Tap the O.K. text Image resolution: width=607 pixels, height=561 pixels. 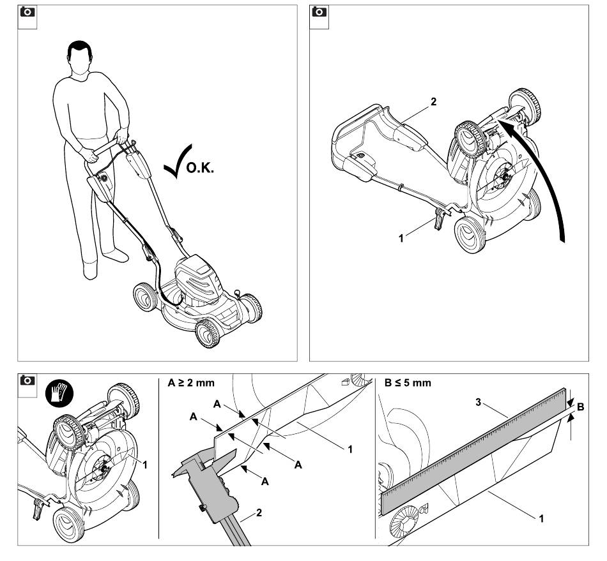[200, 168]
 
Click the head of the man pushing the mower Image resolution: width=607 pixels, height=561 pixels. [80, 60]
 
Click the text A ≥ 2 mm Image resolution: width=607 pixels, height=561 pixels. [191, 383]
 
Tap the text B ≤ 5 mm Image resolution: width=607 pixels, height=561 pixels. [408, 383]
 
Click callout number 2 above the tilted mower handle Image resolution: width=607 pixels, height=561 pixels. [434, 101]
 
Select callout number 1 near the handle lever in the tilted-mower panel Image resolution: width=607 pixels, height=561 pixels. [401, 238]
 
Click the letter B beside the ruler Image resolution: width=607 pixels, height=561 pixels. [580, 407]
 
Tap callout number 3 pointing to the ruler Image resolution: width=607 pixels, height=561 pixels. [479, 403]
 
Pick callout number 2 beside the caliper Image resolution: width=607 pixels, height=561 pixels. [259, 512]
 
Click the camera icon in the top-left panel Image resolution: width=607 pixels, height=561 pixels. [27, 12]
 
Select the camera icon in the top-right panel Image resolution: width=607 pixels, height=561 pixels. [319, 12]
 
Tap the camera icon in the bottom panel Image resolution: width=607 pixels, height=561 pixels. [27, 380]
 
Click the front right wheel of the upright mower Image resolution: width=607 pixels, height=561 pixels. [208, 333]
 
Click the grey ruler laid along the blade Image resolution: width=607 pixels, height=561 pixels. [473, 451]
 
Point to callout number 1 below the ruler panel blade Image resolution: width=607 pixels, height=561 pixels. [542, 518]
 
